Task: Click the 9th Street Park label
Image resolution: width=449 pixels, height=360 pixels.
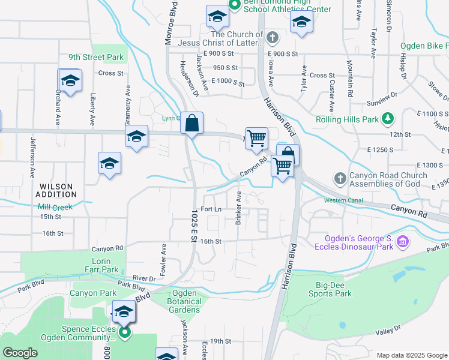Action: tap(95, 58)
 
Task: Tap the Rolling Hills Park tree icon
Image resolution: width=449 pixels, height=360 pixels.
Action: tap(388, 119)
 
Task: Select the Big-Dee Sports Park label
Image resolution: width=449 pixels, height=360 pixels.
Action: tap(330, 289)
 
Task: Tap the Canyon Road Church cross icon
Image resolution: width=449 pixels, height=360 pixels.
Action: tap(340, 178)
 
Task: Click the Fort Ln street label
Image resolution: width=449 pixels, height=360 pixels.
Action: tap(211, 209)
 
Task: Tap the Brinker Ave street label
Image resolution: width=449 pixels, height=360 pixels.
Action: tap(238, 208)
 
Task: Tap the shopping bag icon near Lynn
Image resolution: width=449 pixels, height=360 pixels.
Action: tap(191, 124)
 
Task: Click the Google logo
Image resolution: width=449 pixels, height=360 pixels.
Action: tap(20, 352)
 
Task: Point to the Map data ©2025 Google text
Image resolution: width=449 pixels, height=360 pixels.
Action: tap(411, 355)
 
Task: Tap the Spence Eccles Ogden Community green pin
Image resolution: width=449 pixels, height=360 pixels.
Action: tap(125, 332)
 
